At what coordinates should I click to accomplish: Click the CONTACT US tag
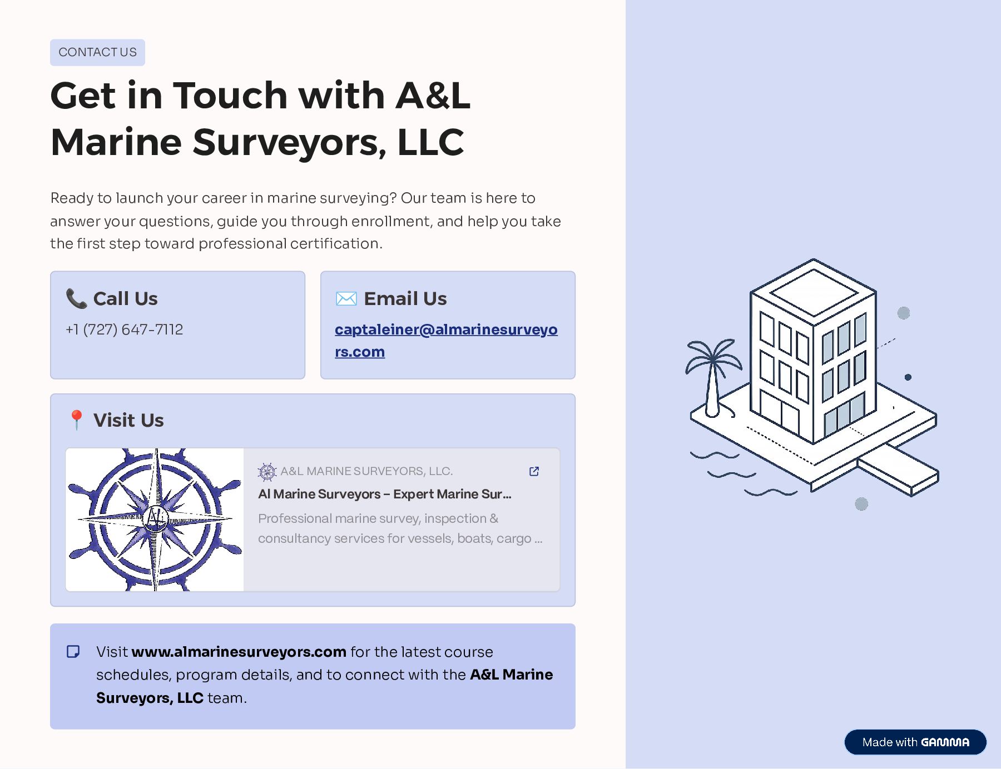pyautogui.click(x=97, y=52)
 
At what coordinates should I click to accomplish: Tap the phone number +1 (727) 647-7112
pyautogui.click(x=124, y=329)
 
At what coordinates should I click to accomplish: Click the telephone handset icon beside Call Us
pyautogui.click(x=76, y=298)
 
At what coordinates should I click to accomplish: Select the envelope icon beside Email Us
pyautogui.click(x=346, y=299)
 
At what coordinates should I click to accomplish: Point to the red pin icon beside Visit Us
pyautogui.click(x=76, y=420)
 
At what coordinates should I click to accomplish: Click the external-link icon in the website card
pyautogui.click(x=534, y=471)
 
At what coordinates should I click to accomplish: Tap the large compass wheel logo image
pyautogui.click(x=155, y=520)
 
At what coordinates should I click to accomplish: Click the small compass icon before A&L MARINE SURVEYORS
pyautogui.click(x=267, y=472)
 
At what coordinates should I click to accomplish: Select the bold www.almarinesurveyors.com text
pyautogui.click(x=239, y=652)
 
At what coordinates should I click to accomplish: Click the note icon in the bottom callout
pyautogui.click(x=73, y=651)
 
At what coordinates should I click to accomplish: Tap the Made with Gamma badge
pyautogui.click(x=915, y=742)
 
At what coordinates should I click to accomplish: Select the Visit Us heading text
pyautogui.click(x=128, y=420)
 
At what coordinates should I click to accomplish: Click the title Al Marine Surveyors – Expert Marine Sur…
pyautogui.click(x=384, y=494)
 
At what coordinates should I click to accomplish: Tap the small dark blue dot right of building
pyautogui.click(x=908, y=377)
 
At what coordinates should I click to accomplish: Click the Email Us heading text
pyautogui.click(x=405, y=299)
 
